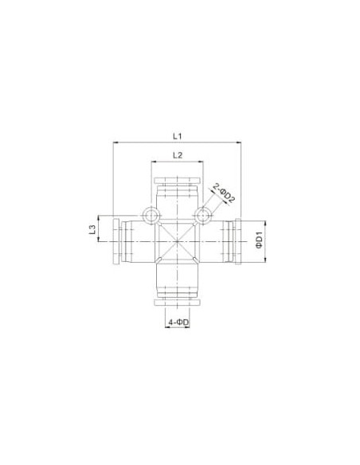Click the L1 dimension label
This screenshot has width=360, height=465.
pyautogui.click(x=177, y=136)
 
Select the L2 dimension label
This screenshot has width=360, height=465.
pyautogui.click(x=177, y=155)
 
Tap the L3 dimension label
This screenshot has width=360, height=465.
pyautogui.click(x=92, y=229)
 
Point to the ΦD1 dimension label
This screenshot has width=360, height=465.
pyautogui.click(x=260, y=242)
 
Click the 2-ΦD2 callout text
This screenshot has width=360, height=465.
pyautogui.click(x=224, y=193)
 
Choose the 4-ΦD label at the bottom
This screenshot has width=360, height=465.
pyautogui.click(x=178, y=322)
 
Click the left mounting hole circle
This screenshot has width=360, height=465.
pyautogui.click(x=151, y=215)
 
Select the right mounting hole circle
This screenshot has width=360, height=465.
pyautogui.click(x=203, y=215)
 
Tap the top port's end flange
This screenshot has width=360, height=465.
pyautogui.click(x=178, y=181)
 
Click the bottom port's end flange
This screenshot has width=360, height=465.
pyautogui.click(x=178, y=303)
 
